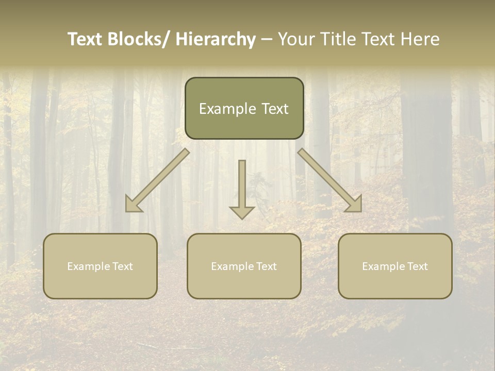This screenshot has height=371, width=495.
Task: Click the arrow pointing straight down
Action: click(242, 188)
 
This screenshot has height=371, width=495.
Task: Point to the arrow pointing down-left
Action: click(157, 180)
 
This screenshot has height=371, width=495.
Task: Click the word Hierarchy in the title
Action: click(216, 39)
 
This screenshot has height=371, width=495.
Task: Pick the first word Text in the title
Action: click(85, 39)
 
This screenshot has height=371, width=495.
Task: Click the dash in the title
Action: click(267, 40)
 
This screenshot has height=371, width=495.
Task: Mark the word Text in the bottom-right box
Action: click(417, 266)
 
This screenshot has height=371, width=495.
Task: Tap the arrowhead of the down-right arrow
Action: click(355, 205)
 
